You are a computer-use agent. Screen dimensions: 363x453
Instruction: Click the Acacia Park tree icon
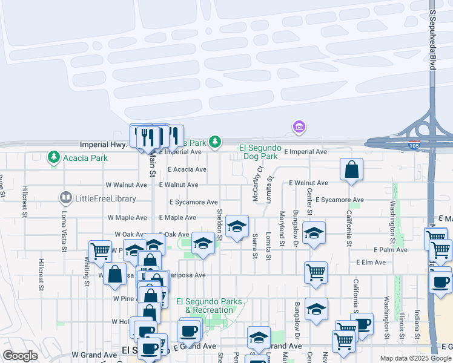[x=54, y=158]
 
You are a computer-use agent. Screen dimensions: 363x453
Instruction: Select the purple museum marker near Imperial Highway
[x=298, y=127]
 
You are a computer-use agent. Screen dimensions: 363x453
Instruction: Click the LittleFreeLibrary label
[x=105, y=198]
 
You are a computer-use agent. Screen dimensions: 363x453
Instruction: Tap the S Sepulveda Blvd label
[x=432, y=39]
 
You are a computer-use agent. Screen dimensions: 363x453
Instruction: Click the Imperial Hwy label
[x=103, y=145]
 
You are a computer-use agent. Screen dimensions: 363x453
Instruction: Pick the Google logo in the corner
[x=20, y=356]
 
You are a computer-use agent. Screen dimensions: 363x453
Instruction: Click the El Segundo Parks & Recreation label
[x=209, y=306]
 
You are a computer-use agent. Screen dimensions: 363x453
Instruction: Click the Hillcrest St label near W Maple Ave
[x=25, y=201]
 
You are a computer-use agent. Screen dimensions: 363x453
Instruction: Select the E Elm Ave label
[x=371, y=263]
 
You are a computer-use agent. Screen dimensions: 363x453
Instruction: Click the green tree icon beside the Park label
[x=215, y=142]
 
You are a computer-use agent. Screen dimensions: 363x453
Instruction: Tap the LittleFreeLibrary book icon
[x=65, y=198]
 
